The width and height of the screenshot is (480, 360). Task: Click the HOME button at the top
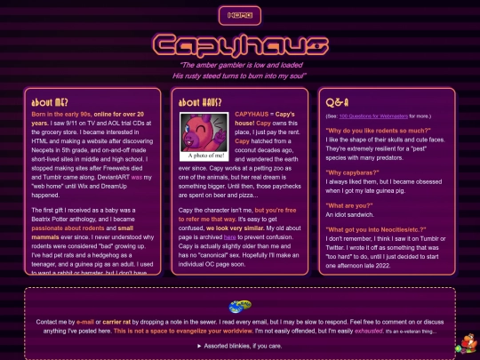tap(240, 15)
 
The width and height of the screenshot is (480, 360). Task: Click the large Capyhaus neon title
tap(240, 45)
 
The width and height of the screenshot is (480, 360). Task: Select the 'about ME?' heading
tap(51, 102)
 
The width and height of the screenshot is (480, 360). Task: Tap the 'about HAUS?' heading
tap(200, 102)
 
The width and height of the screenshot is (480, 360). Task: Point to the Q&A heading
tap(340, 103)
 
